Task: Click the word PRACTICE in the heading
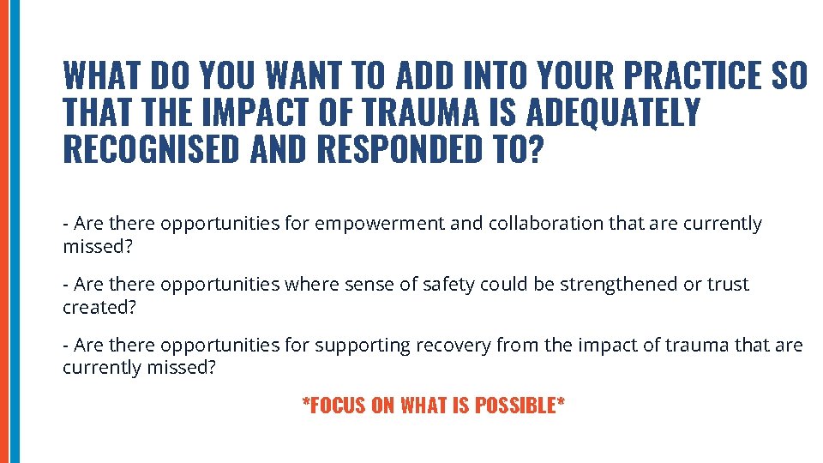click(693, 77)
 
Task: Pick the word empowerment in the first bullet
click(380, 224)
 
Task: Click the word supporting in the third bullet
click(363, 346)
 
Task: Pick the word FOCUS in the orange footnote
click(338, 406)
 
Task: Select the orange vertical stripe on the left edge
click(3, 231)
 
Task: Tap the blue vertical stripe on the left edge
click(14, 231)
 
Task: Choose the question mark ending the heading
click(536, 149)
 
